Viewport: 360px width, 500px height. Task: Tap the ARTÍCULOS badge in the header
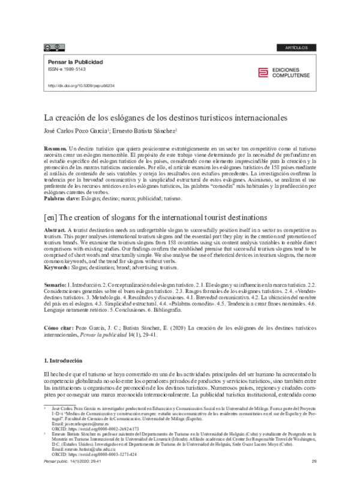click(x=296, y=47)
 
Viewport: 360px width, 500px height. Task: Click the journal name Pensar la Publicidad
click(x=75, y=62)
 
